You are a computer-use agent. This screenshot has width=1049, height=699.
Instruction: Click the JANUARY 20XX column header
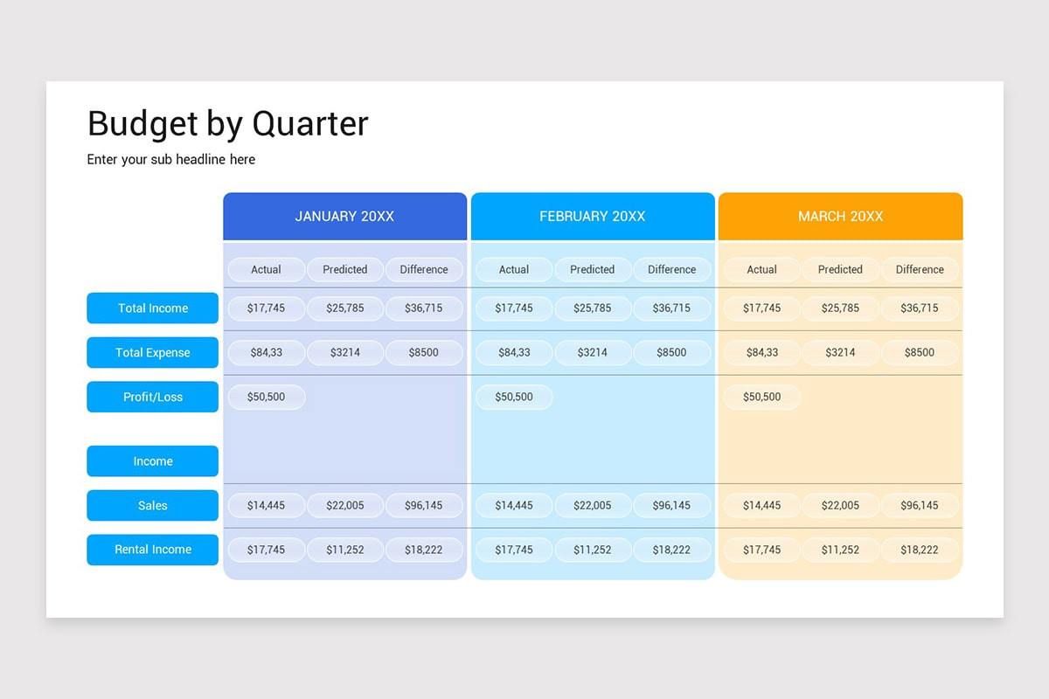[x=344, y=217]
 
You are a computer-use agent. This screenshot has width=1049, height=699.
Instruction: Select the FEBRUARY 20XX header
[x=592, y=217]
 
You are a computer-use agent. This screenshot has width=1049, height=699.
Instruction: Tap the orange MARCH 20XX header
[x=840, y=217]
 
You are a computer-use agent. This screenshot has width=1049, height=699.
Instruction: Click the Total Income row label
[x=153, y=308]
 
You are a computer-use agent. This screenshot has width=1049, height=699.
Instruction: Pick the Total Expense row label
[x=153, y=353]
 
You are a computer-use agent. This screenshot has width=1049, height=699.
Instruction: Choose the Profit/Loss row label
[x=153, y=397]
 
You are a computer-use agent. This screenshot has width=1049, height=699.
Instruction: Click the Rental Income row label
[x=153, y=550]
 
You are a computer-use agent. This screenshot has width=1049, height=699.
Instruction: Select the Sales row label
[x=153, y=506]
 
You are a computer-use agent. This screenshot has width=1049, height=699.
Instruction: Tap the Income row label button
[x=153, y=461]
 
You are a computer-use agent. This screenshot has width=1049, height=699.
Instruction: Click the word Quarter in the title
[x=310, y=124]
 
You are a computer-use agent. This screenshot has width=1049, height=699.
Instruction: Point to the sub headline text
[x=171, y=160]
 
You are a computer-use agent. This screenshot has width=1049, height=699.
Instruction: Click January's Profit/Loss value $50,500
[x=267, y=397]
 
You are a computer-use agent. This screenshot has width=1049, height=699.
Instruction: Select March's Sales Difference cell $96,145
[x=920, y=506]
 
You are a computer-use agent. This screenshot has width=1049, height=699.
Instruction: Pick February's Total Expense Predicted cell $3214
[x=593, y=353]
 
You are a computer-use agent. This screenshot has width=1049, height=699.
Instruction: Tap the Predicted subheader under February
[x=593, y=270]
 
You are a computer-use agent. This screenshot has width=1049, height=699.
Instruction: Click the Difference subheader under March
[x=920, y=270]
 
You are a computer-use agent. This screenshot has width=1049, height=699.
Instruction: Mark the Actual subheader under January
[x=267, y=270]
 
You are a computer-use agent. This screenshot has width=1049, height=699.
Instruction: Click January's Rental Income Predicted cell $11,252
[x=345, y=550]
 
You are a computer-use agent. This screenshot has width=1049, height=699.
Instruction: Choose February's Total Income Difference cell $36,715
[x=671, y=308]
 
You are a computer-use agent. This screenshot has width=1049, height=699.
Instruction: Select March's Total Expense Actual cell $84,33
[x=761, y=353]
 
